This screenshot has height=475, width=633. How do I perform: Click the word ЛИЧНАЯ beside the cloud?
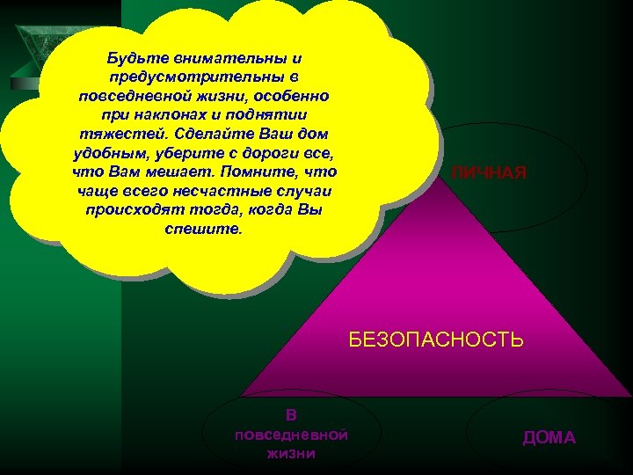coord(489,173)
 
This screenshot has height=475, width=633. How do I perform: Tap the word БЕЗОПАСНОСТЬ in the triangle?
coord(436,340)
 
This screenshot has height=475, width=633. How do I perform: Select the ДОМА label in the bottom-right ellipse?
coord(549,437)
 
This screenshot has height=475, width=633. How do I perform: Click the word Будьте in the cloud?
coord(132,58)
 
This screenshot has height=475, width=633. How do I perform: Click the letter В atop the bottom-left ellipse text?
coord(292,414)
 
